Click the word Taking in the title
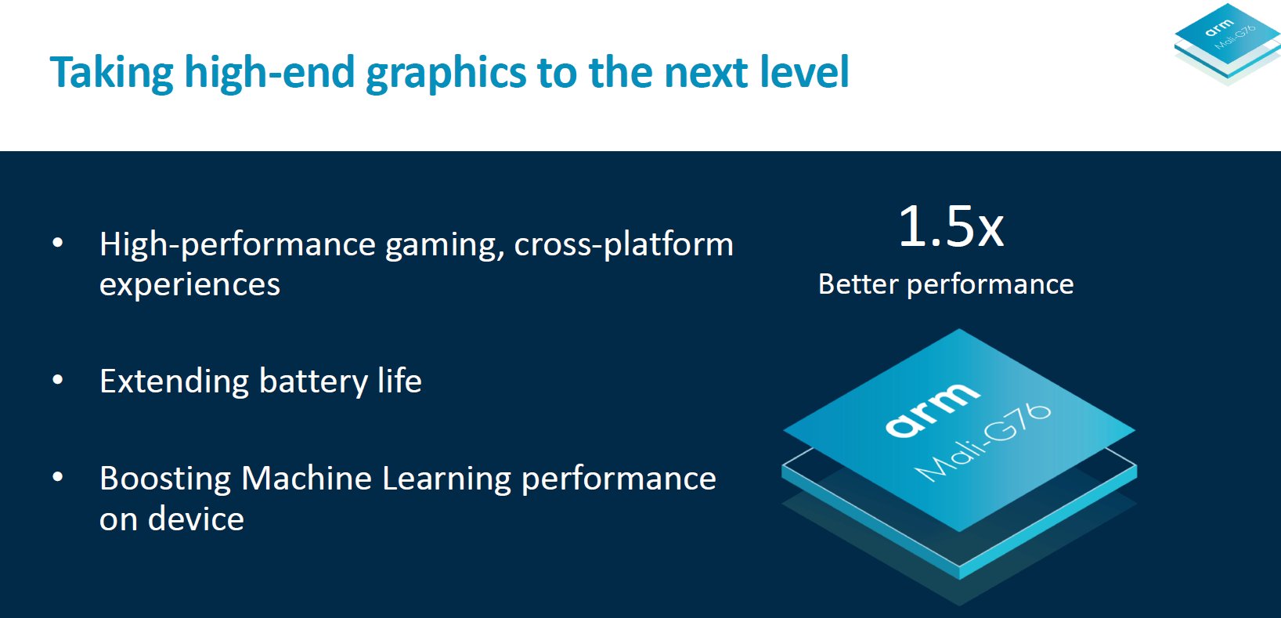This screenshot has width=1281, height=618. coord(111,74)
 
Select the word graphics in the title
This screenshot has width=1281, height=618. coord(446,74)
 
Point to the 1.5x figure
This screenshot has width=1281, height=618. coord(951,227)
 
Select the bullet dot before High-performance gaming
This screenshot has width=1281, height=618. coord(58,243)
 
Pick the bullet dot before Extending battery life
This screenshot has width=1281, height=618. coord(58,379)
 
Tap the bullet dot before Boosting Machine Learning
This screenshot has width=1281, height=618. coord(58,477)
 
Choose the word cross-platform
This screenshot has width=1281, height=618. coord(623,245)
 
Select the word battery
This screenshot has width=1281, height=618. coord(313,382)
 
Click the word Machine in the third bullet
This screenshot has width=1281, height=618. coord(306,478)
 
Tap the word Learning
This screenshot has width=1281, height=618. coord(446,479)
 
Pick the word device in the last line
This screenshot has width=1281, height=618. coord(197,519)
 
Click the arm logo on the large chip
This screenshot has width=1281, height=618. coord(933,409)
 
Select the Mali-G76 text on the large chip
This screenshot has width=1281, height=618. coord(983,442)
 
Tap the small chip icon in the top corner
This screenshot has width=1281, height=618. coord(1228,44)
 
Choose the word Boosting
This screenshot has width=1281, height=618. coord(165,479)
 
